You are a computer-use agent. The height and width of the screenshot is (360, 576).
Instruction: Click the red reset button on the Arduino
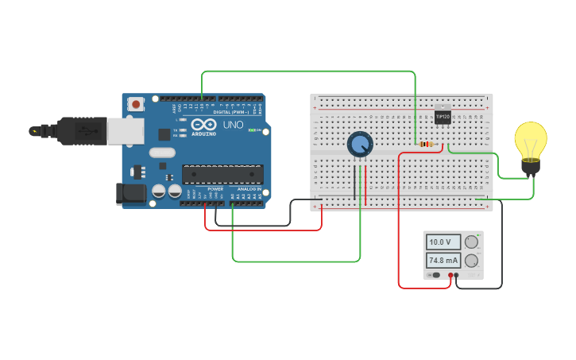[137, 104]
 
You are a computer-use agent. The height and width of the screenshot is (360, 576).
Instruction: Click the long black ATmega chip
[222, 174]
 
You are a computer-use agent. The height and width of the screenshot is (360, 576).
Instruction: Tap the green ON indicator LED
[251, 130]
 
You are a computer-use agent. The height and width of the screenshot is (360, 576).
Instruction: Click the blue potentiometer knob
[360, 144]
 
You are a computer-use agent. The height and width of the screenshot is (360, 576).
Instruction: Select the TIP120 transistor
[443, 116]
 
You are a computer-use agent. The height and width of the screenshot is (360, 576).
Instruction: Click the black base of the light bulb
[530, 166]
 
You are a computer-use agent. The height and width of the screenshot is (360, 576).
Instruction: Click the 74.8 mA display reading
[443, 260]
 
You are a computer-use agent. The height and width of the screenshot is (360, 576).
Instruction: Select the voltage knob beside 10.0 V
[471, 242]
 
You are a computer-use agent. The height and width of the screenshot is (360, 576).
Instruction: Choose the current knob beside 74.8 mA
[471, 260]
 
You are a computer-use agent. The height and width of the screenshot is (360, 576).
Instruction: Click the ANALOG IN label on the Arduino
[247, 189]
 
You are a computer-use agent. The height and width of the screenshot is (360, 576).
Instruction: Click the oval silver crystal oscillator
[161, 153]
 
